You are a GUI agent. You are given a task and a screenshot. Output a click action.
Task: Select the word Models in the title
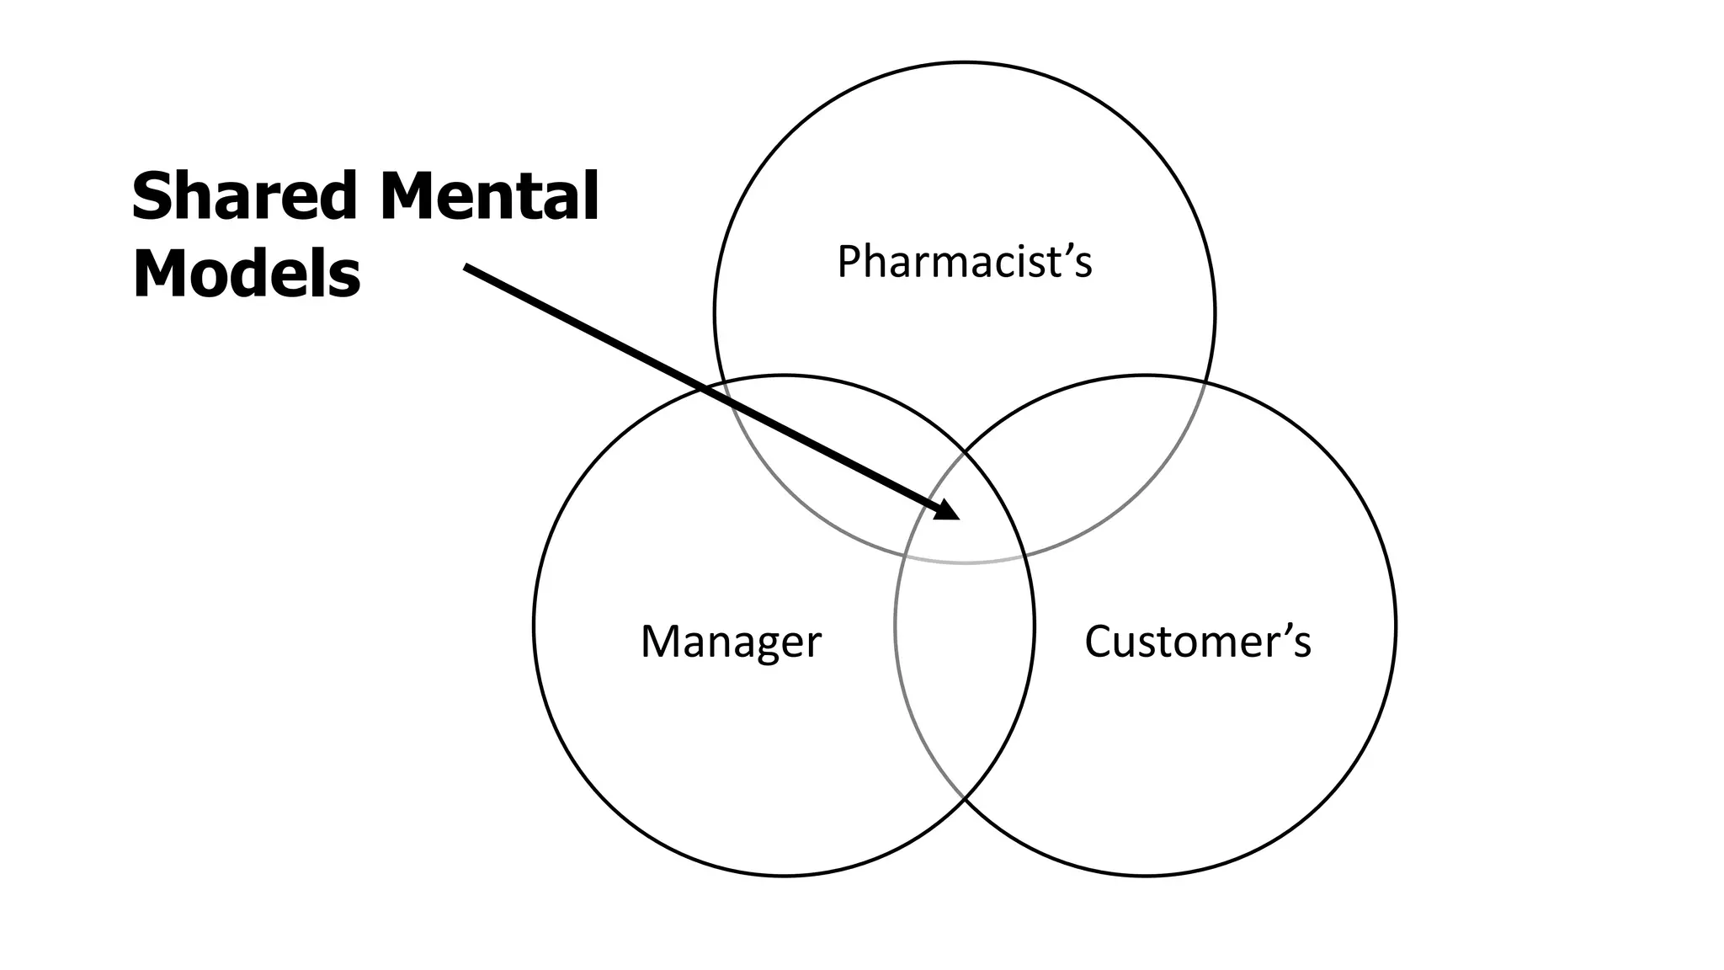pos(246,274)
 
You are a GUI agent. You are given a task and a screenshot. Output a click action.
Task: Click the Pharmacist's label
pos(964,261)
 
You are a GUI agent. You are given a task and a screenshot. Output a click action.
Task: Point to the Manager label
pos(730,642)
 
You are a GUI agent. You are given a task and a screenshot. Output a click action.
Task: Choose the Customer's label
pos(1197,642)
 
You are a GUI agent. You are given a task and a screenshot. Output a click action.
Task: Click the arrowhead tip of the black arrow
pos(959,519)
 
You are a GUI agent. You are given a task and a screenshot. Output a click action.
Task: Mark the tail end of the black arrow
pos(466,267)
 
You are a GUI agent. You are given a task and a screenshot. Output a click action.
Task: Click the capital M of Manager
pos(659,642)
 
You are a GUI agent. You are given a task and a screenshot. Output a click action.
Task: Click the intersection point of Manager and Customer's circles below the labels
pos(965,797)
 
